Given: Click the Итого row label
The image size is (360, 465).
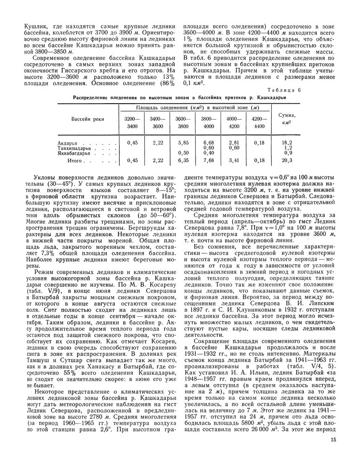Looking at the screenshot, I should [74, 161].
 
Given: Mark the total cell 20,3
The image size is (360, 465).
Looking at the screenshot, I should [287, 161].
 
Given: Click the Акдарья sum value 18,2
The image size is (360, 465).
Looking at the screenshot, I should [287, 143].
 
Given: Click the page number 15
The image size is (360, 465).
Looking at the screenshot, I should [334, 440].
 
